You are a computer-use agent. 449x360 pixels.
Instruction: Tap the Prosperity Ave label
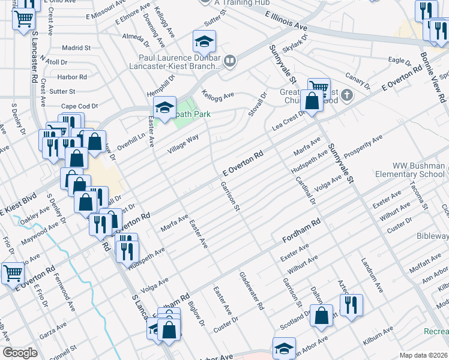[x=361, y=148]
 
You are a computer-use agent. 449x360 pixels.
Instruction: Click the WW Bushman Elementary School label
[x=418, y=170]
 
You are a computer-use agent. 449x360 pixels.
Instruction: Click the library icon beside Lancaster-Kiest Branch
[x=229, y=61]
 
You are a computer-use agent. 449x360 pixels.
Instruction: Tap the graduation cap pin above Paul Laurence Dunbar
[x=204, y=42]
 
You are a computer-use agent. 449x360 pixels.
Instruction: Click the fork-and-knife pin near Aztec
[x=351, y=305]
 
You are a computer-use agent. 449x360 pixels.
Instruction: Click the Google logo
[x=20, y=353]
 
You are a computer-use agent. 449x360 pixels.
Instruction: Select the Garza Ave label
[x=53, y=330]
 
